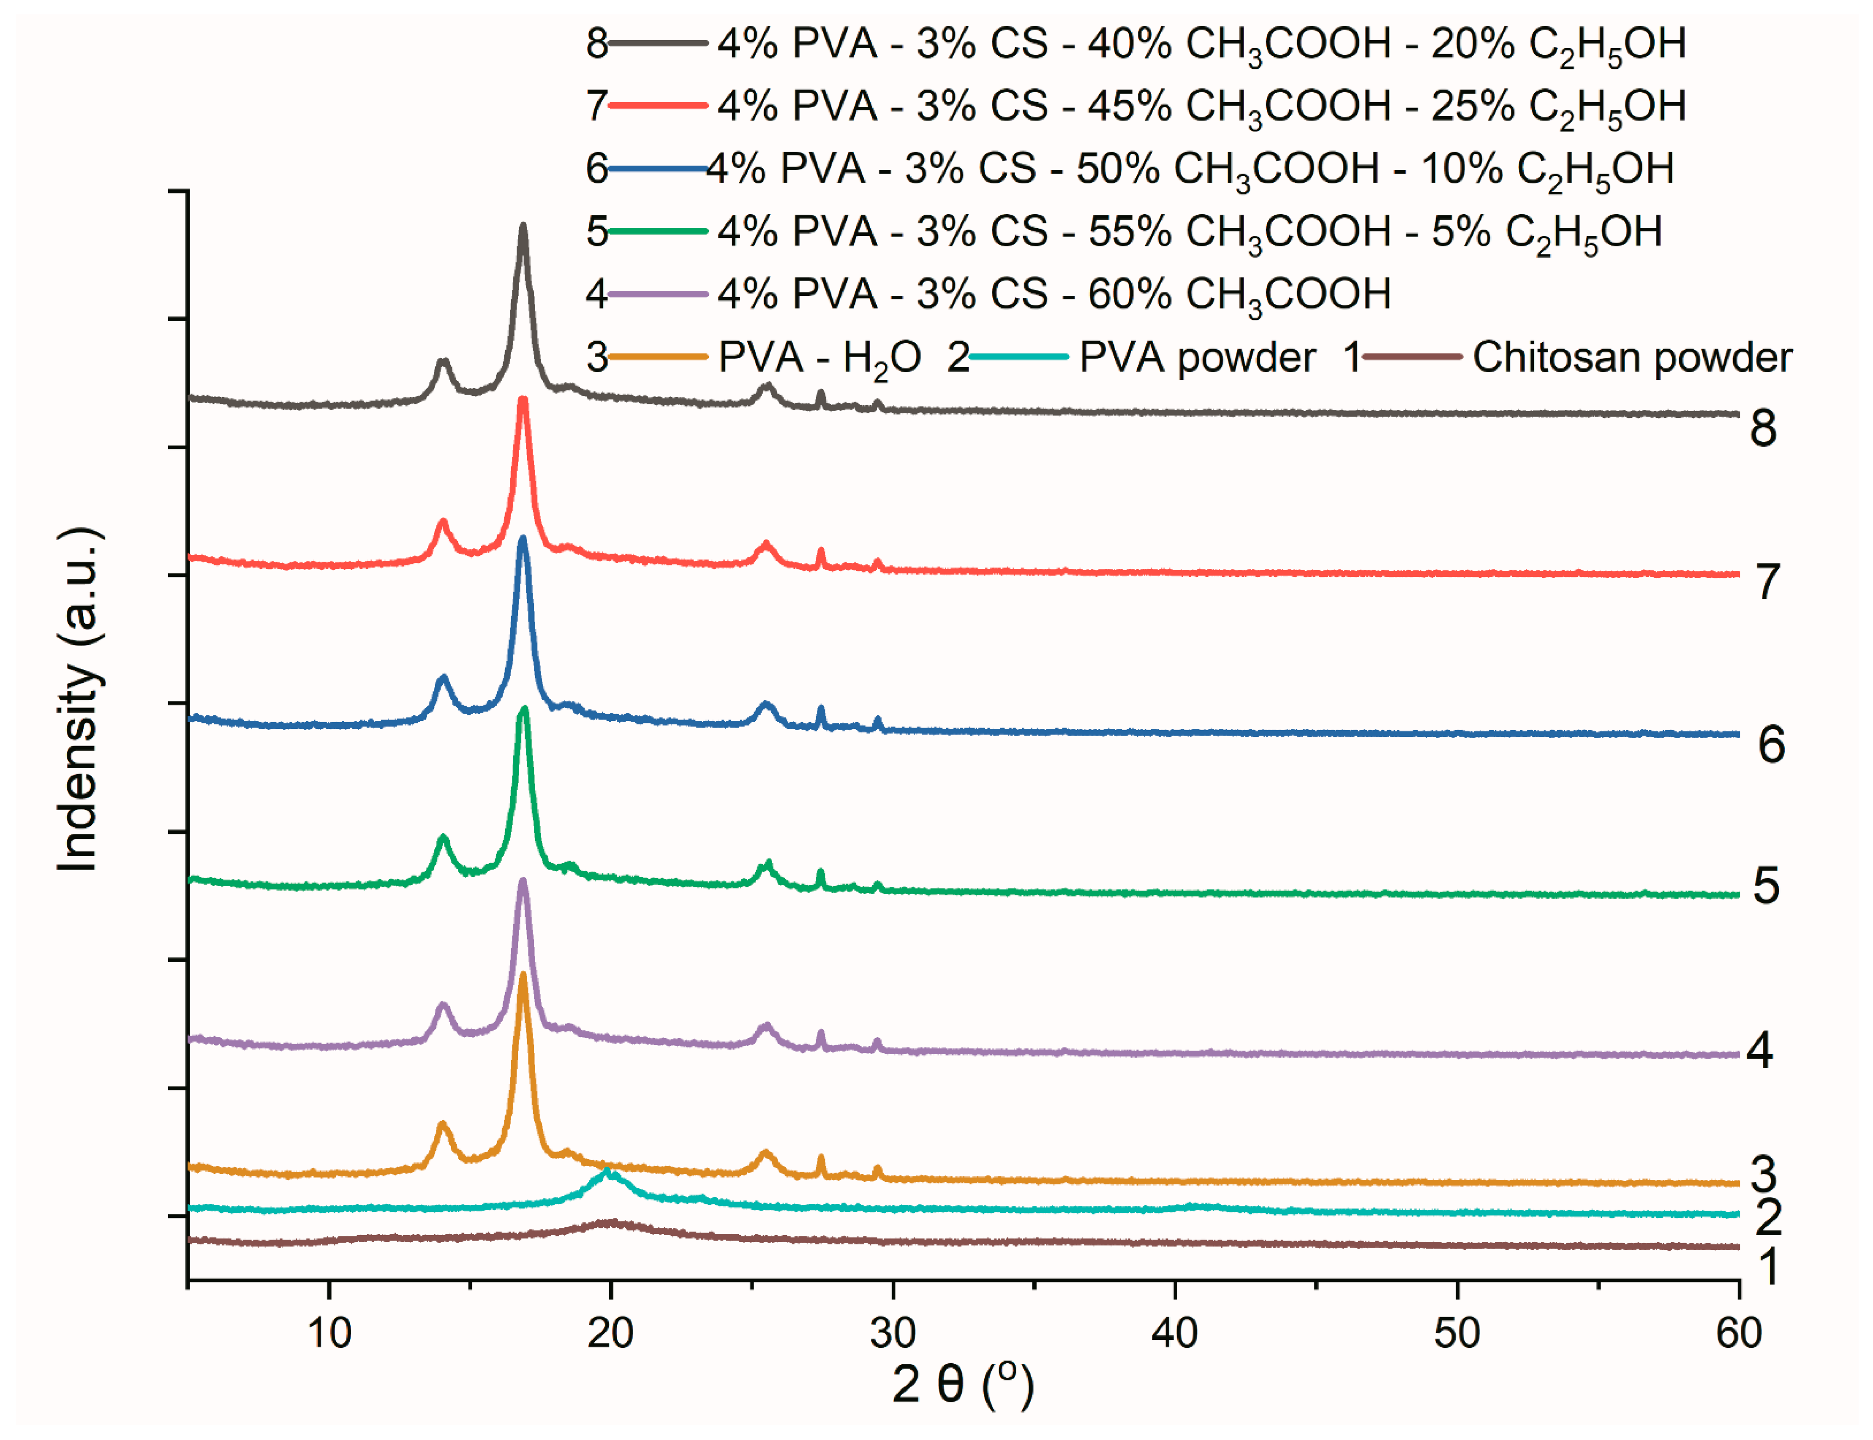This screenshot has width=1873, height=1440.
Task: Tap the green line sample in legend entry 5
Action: point(657,232)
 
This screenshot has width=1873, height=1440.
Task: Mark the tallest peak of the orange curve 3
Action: point(523,976)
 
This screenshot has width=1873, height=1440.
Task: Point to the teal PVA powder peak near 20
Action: point(608,1172)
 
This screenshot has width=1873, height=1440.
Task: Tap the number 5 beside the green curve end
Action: point(1765,886)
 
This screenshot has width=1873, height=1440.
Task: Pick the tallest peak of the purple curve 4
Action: point(523,881)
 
